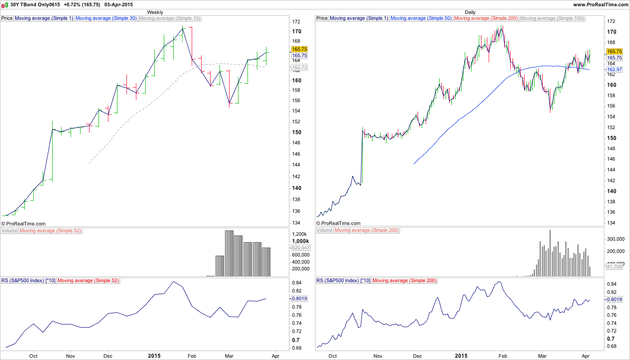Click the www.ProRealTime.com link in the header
pyautogui.click(x=600, y=4)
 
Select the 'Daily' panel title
pyautogui.click(x=470, y=12)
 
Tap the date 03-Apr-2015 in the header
pyautogui.click(x=119, y=4)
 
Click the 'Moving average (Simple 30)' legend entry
pyautogui.click(x=106, y=18)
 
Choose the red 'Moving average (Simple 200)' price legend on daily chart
pyautogui.click(x=486, y=18)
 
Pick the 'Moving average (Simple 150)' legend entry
pyautogui.click(x=552, y=18)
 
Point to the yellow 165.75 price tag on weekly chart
pyautogui.click(x=299, y=49)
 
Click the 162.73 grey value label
pyautogui.click(x=299, y=67)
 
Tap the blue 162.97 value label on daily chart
pyautogui.click(x=614, y=69)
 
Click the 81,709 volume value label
pyautogui.click(x=614, y=267)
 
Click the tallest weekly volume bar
pyautogui.click(x=229, y=253)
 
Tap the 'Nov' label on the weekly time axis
pyautogui.click(x=70, y=355)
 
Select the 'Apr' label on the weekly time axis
pyautogui.click(x=276, y=355)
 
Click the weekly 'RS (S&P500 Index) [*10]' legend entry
pyautogui.click(x=28, y=280)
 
